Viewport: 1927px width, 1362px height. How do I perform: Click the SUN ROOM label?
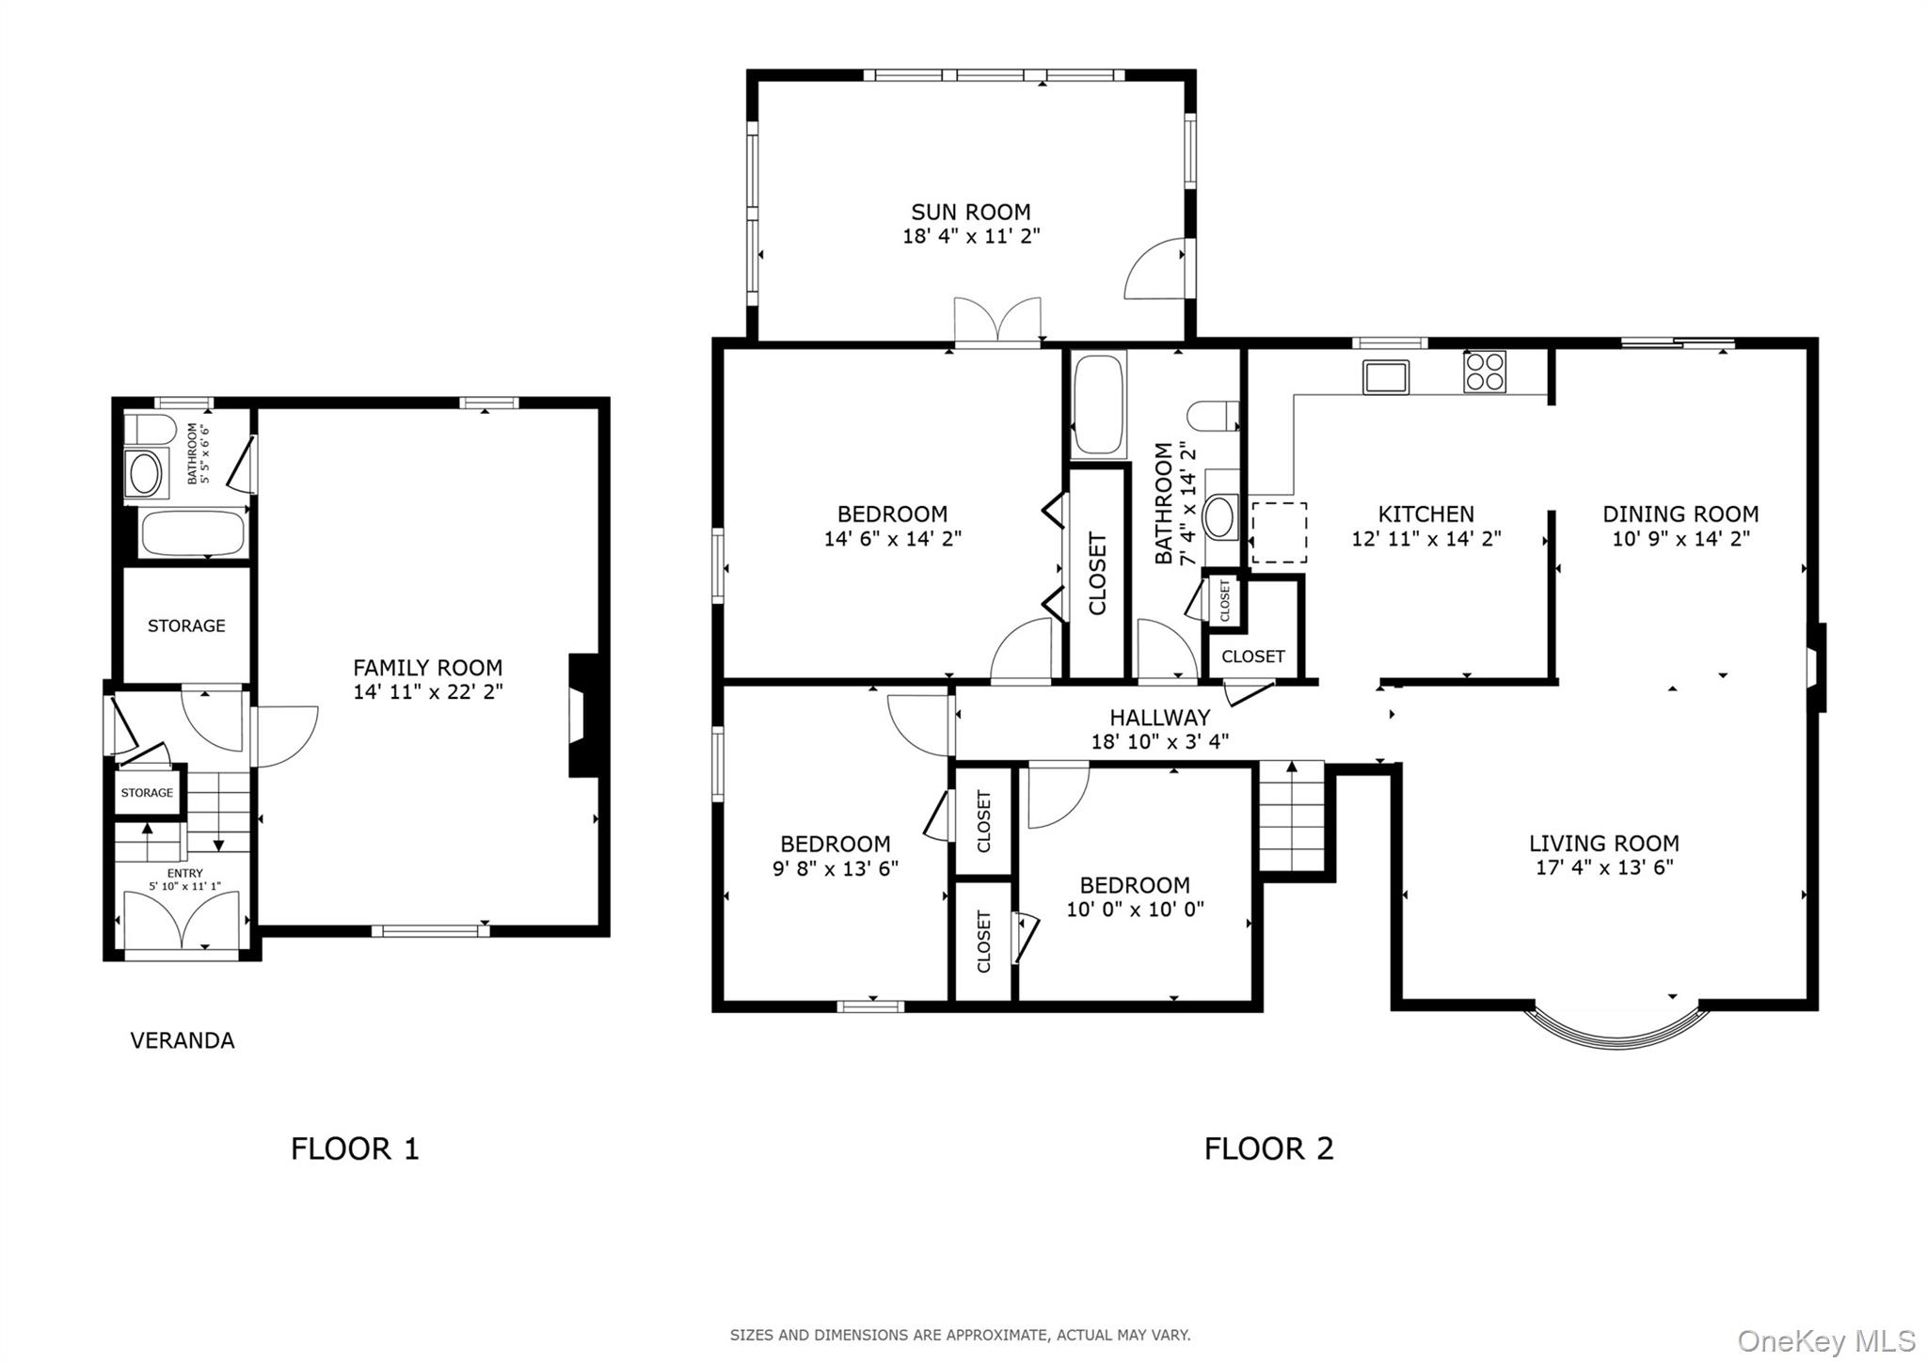[970, 212]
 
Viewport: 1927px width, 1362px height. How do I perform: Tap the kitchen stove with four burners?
[1484, 371]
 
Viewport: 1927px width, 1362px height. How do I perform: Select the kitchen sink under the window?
[1386, 376]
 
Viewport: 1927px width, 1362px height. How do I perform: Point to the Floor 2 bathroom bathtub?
[1098, 405]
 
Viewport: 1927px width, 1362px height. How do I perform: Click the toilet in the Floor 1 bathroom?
[151, 430]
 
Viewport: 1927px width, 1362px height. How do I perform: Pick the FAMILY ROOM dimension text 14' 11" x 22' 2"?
[428, 692]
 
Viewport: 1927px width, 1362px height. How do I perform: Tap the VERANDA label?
[183, 1040]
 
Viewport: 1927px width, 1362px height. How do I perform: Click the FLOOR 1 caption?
[355, 1148]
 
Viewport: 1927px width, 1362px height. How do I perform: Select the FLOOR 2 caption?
[1269, 1148]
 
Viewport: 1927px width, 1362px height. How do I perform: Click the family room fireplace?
[584, 715]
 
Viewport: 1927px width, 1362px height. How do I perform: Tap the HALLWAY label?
[1159, 718]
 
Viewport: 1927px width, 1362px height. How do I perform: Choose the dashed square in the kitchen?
[1279, 532]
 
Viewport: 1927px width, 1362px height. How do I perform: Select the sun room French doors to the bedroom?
[997, 323]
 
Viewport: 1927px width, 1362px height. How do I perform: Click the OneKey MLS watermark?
[1826, 1339]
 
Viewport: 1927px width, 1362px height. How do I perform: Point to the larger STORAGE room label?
[186, 626]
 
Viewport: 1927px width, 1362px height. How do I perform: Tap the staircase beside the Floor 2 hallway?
[1292, 816]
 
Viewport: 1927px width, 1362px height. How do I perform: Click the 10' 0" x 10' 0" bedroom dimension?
[1135, 910]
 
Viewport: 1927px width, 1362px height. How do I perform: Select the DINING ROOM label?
[1680, 515]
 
